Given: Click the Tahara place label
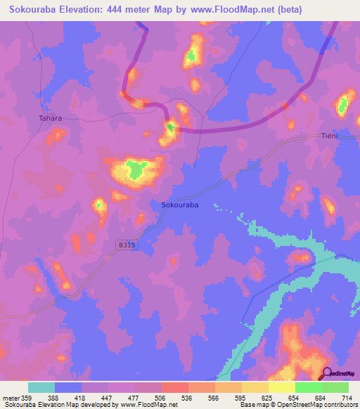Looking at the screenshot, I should click(50, 118).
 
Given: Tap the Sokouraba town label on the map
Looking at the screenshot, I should click(180, 204).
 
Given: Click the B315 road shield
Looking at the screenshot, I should click(127, 245).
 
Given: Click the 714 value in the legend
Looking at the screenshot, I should click(346, 396).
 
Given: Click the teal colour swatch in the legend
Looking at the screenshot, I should click(41, 387).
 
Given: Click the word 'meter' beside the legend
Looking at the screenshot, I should click(13, 396).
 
